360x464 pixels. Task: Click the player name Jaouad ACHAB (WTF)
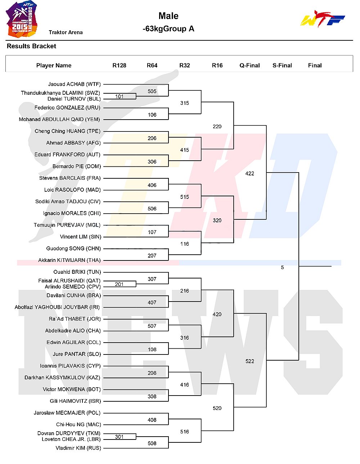[74, 84]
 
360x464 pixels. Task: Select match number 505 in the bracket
[152, 92]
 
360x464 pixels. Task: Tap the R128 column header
[119, 65]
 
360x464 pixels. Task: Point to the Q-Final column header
[249, 65]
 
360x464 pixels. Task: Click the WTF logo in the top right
[323, 19]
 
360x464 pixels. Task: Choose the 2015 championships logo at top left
[22, 19]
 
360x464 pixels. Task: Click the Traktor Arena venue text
[66, 32]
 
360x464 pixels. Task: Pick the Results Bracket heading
[31, 46]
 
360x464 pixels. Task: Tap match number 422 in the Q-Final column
[249, 173]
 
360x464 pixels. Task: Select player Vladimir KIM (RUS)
[78, 448]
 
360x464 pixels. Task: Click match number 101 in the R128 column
[119, 96]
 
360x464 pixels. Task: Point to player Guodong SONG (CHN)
[73, 249]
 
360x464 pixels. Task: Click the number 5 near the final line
[282, 267]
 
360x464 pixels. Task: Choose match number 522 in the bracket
[249, 361]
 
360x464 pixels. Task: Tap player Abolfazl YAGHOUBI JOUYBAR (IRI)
[57, 307]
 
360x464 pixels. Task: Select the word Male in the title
[168, 16]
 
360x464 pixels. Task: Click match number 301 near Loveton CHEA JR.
[119, 437]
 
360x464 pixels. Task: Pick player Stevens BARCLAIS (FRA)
[70, 178]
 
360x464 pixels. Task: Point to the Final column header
[315, 65]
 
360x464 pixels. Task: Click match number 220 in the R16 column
[217, 126]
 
